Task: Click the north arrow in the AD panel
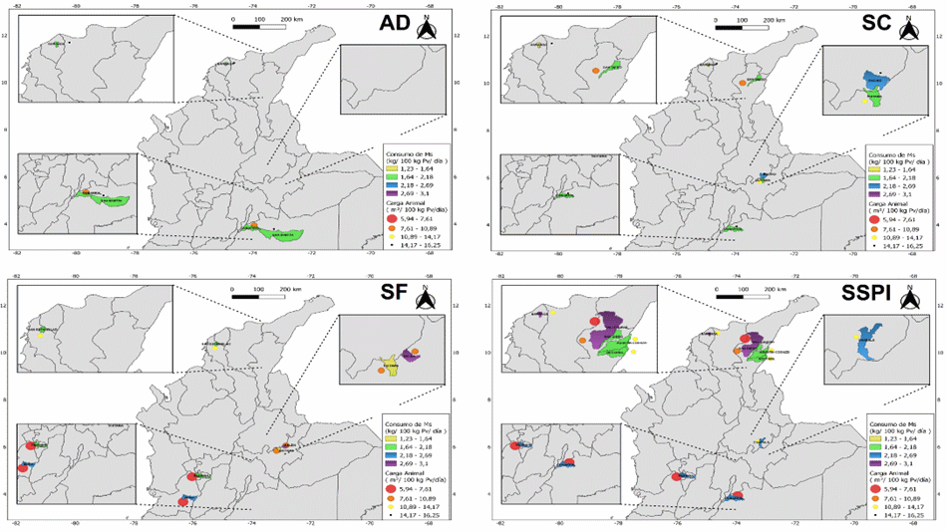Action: (428, 29)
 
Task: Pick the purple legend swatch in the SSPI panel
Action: (877, 463)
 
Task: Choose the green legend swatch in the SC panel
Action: (877, 177)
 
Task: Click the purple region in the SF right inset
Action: (412, 356)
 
